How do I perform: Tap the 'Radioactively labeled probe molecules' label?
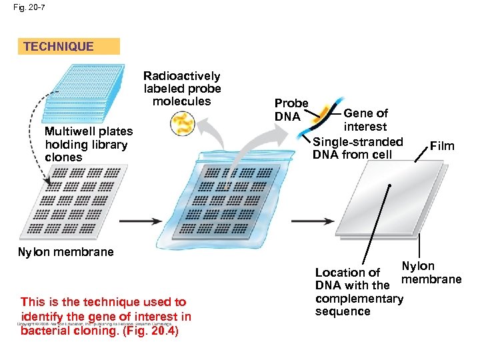point(181,89)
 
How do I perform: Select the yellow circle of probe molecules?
point(181,123)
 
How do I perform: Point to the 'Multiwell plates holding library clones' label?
point(88,145)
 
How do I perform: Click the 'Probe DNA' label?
point(291,110)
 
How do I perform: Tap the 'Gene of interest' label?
point(365,120)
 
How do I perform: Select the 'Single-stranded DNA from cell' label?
point(357,148)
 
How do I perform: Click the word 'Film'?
point(442,145)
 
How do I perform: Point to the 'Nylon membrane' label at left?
point(65,252)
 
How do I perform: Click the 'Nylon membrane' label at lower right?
point(430,273)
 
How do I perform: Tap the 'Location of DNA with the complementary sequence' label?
point(359,292)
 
